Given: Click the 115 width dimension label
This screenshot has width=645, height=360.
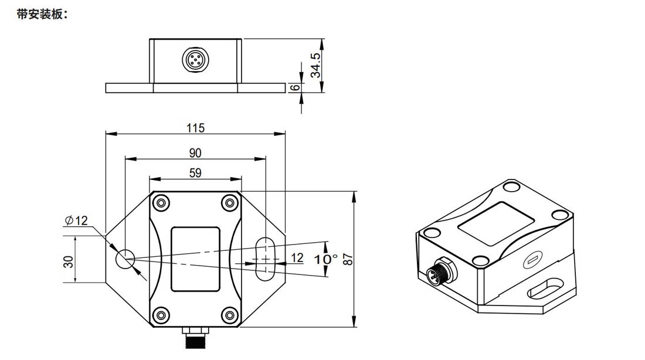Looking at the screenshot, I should coord(195,128).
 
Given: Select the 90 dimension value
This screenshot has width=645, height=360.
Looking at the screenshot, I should coord(195,153).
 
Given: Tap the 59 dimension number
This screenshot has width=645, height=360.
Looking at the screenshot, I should coord(195,173).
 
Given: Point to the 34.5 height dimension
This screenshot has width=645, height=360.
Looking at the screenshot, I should coord(316,65).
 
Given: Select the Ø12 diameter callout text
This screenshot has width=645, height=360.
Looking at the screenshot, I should coord(77,220).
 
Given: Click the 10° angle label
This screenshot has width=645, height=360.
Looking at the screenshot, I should coord(326,259).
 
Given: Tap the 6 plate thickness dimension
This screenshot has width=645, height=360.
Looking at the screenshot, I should coord(296,87).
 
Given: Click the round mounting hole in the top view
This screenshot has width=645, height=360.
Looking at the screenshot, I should coord(125,259).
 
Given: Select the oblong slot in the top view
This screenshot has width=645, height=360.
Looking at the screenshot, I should coord(266,255).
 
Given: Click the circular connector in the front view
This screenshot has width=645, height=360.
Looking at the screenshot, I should coord(194,60).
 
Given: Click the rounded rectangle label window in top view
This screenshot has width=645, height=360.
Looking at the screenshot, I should coord(195,259).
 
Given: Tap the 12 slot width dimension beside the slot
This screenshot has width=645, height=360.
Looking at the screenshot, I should coord(297,257).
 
